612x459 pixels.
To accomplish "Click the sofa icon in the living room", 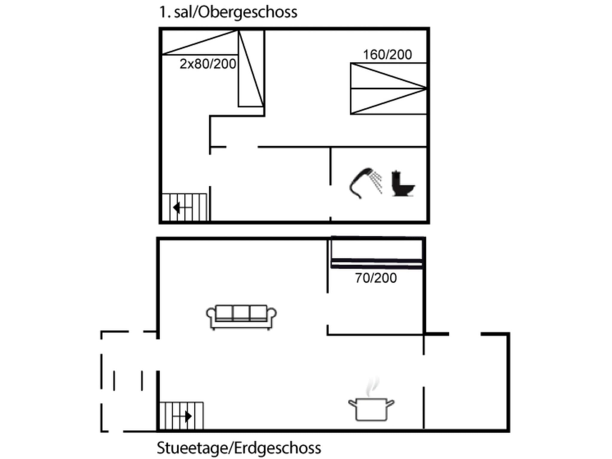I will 241,317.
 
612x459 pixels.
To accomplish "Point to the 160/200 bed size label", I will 387,55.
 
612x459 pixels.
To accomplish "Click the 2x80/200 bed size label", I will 208,64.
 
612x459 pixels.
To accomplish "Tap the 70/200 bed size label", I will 376,278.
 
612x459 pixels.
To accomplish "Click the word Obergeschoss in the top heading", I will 248,13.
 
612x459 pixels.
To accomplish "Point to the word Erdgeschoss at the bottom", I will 278,448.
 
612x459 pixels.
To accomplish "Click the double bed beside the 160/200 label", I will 388,88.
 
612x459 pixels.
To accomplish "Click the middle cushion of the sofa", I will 241,313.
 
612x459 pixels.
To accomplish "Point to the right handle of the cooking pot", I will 391,403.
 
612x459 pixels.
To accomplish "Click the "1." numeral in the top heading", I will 165,13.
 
